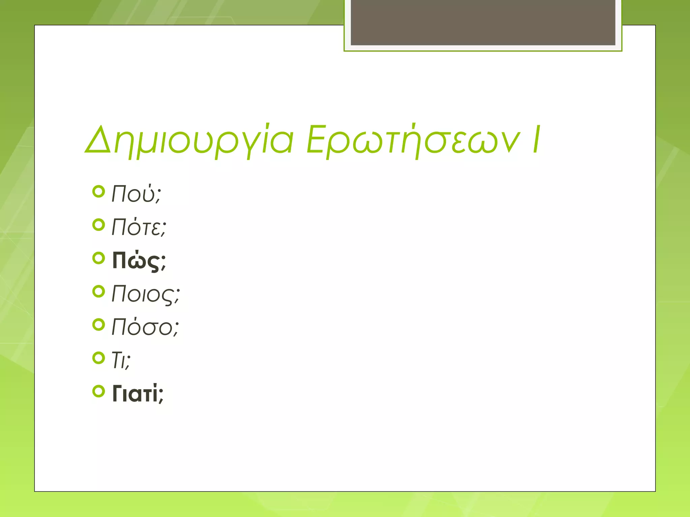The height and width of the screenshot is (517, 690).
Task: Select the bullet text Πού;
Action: pyautogui.click(x=136, y=194)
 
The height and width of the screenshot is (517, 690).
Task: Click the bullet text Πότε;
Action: pyautogui.click(x=139, y=227)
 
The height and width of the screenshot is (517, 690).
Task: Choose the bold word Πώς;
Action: pyautogui.click(x=139, y=261)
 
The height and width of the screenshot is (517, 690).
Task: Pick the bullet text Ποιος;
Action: pyautogui.click(x=146, y=294)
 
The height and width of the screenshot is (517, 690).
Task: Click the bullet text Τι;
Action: pyautogui.click(x=121, y=360)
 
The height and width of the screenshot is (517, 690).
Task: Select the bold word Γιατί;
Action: pyautogui.click(x=138, y=393)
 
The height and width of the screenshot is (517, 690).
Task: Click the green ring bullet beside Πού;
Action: pyautogui.click(x=98, y=192)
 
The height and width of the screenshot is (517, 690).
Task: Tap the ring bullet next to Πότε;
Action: pyautogui.click(x=98, y=225)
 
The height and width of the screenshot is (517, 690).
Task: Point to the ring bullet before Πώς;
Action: pyautogui.click(x=98, y=258)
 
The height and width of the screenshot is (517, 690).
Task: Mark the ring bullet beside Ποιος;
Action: pyautogui.click(x=98, y=291)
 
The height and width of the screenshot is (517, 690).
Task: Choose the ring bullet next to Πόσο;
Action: pyautogui.click(x=98, y=325)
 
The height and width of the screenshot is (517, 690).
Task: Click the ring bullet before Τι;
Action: pyautogui.click(x=98, y=358)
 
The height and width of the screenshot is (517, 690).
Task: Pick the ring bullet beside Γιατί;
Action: pyautogui.click(x=98, y=391)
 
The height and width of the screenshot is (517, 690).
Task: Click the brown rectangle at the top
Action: pyautogui.click(x=483, y=22)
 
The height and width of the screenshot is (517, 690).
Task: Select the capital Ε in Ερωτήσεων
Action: pyautogui.click(x=316, y=139)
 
